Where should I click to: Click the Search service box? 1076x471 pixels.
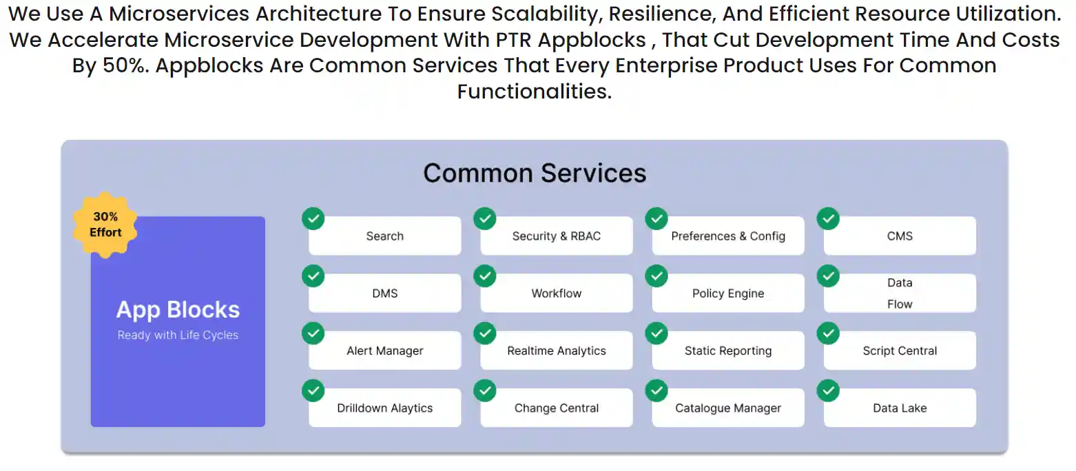click(385, 235)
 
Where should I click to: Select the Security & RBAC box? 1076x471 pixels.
click(556, 235)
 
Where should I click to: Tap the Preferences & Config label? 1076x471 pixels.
click(727, 236)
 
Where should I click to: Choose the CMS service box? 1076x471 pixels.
click(900, 235)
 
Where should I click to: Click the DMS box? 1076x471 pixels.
click(385, 293)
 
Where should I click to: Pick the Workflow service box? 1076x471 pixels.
click(556, 293)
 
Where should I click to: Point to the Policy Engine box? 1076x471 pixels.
click(727, 293)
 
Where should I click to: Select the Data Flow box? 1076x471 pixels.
click(900, 293)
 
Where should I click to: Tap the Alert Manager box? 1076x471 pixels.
click(385, 350)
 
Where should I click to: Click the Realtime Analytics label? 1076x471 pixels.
click(556, 351)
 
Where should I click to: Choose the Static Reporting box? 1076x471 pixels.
click(727, 350)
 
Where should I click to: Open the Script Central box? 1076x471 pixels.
click(900, 350)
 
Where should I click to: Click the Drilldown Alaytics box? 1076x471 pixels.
click(385, 408)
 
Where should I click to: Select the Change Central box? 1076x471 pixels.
click(556, 408)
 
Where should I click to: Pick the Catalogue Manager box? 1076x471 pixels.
click(727, 408)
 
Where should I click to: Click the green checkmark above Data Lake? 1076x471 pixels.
click(828, 391)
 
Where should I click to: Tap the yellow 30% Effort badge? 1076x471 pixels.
click(105, 224)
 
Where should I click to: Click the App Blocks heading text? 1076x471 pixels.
click(178, 310)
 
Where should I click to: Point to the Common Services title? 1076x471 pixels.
click(535, 173)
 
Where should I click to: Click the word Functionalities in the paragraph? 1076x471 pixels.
click(534, 91)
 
